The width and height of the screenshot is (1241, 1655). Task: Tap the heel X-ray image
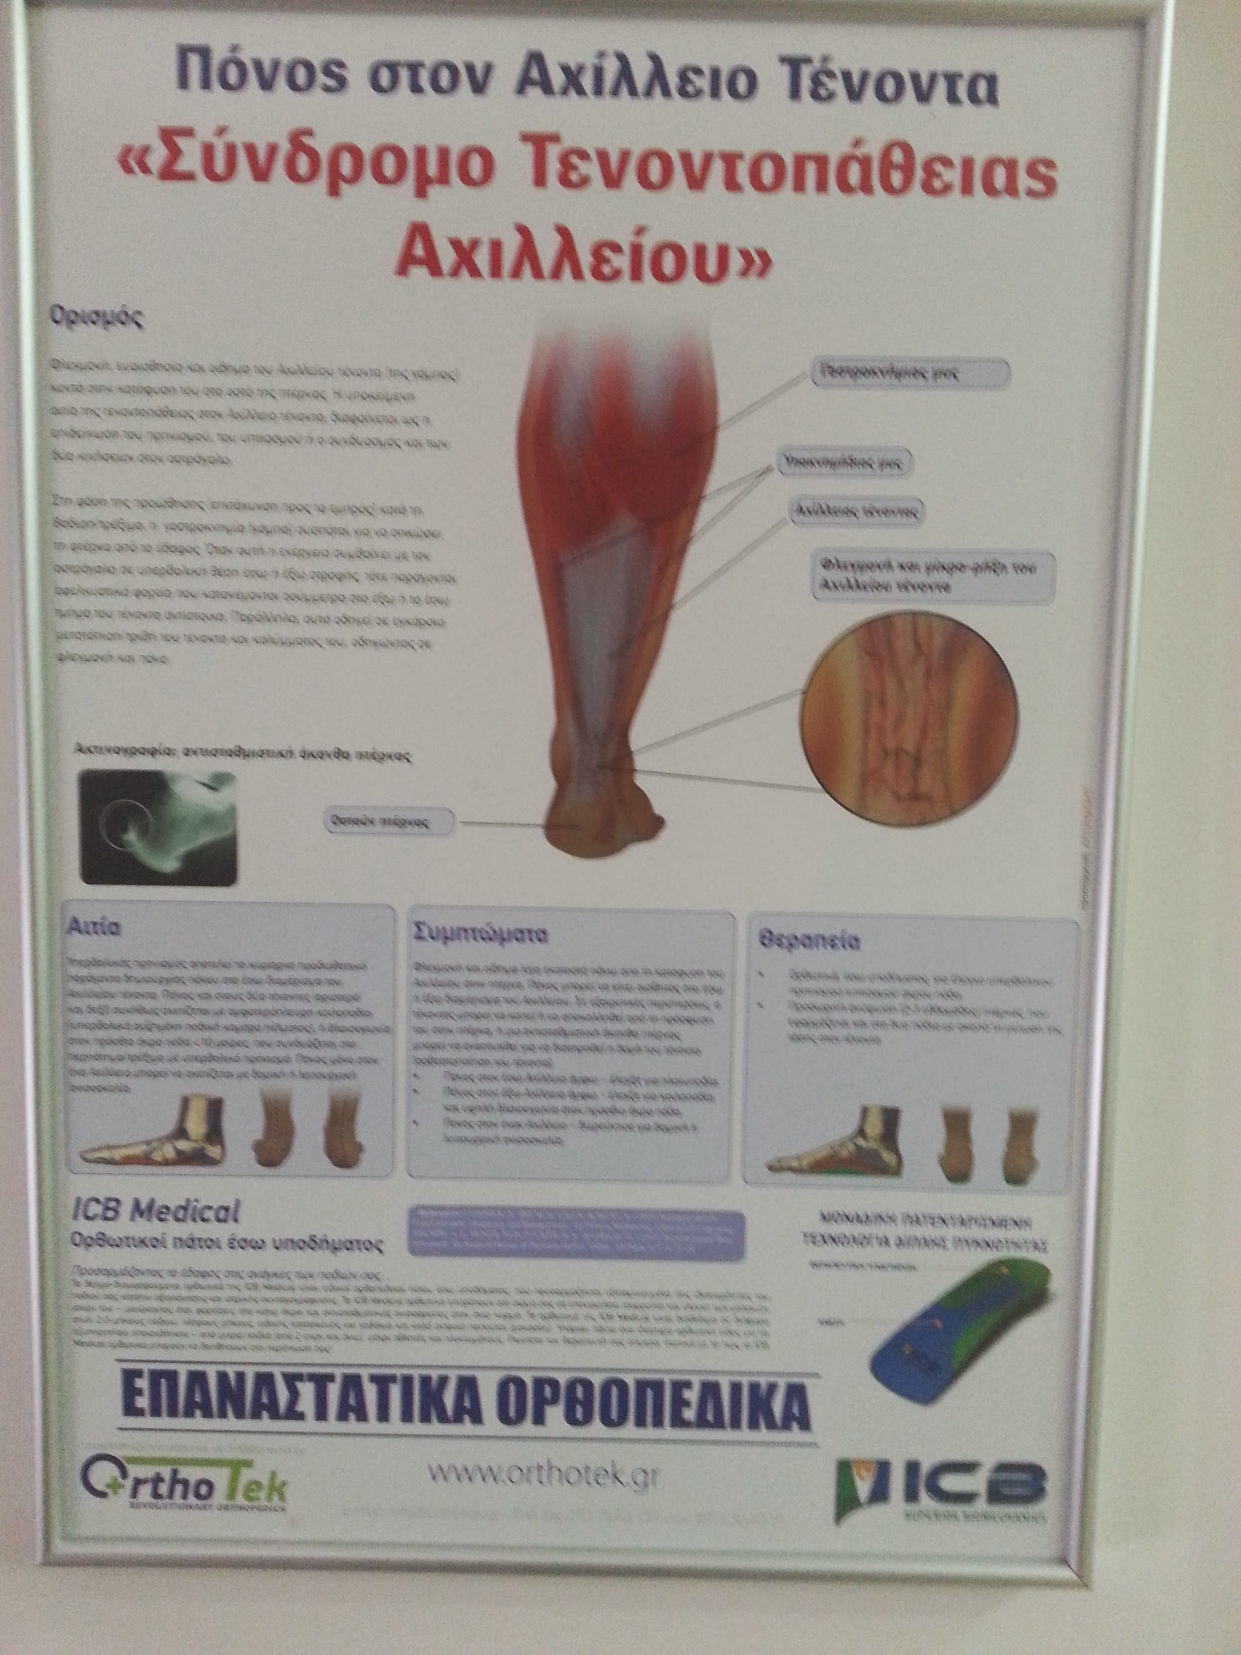(x=158, y=827)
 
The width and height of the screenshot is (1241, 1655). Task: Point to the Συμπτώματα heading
(x=481, y=934)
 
